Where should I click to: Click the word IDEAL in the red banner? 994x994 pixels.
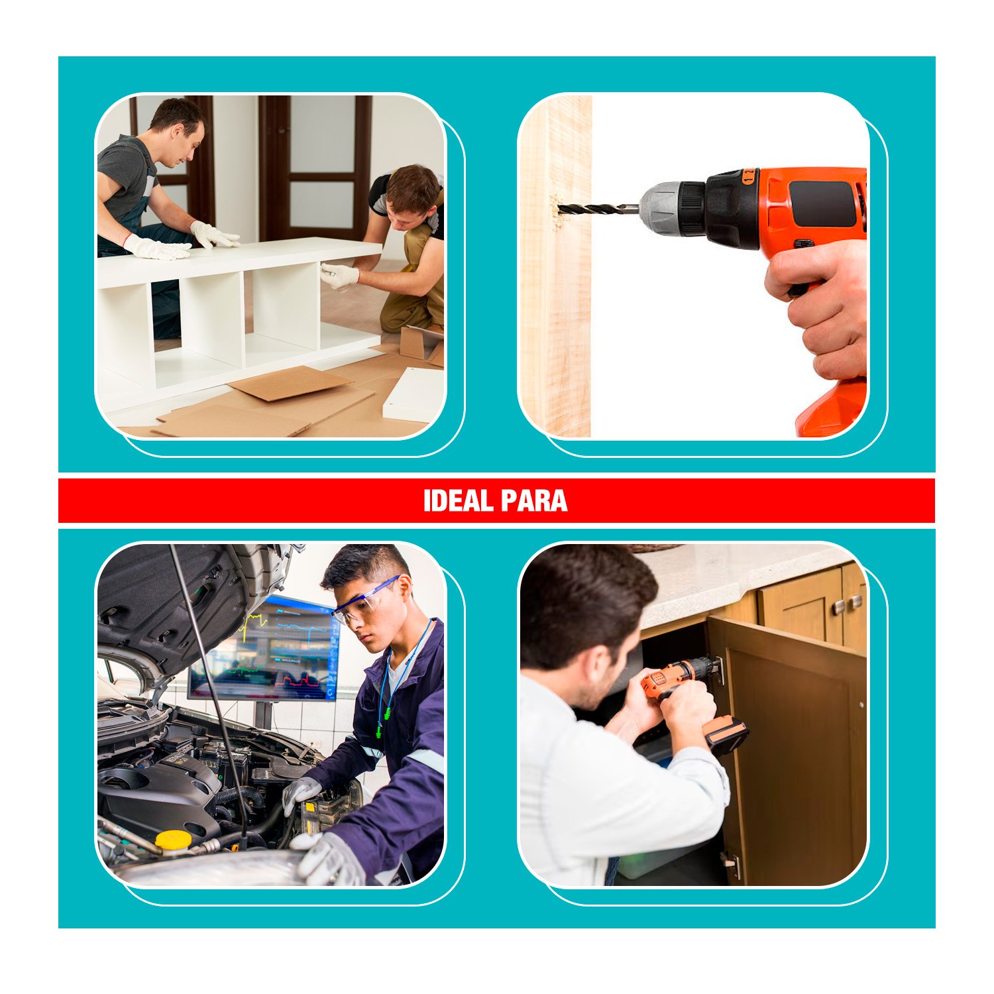(457, 501)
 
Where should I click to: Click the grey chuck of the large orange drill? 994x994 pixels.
(659, 209)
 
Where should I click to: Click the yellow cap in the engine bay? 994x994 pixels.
(173, 841)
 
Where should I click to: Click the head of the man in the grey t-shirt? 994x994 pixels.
(178, 132)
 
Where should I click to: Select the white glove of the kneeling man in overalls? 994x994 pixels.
(339, 276)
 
